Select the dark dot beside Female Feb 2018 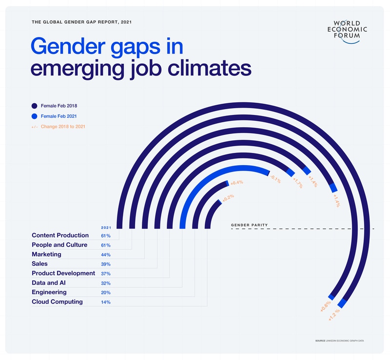[35, 105]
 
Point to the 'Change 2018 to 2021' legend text [64, 127]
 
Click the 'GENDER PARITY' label [249, 225]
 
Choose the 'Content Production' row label [60, 235]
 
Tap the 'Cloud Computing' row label [57, 302]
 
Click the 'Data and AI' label [49, 283]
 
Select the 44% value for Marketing [106, 255]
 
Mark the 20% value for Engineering [106, 293]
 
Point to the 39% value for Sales [106, 264]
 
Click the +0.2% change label [228, 198]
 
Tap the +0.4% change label [236, 183]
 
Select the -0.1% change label [275, 180]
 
